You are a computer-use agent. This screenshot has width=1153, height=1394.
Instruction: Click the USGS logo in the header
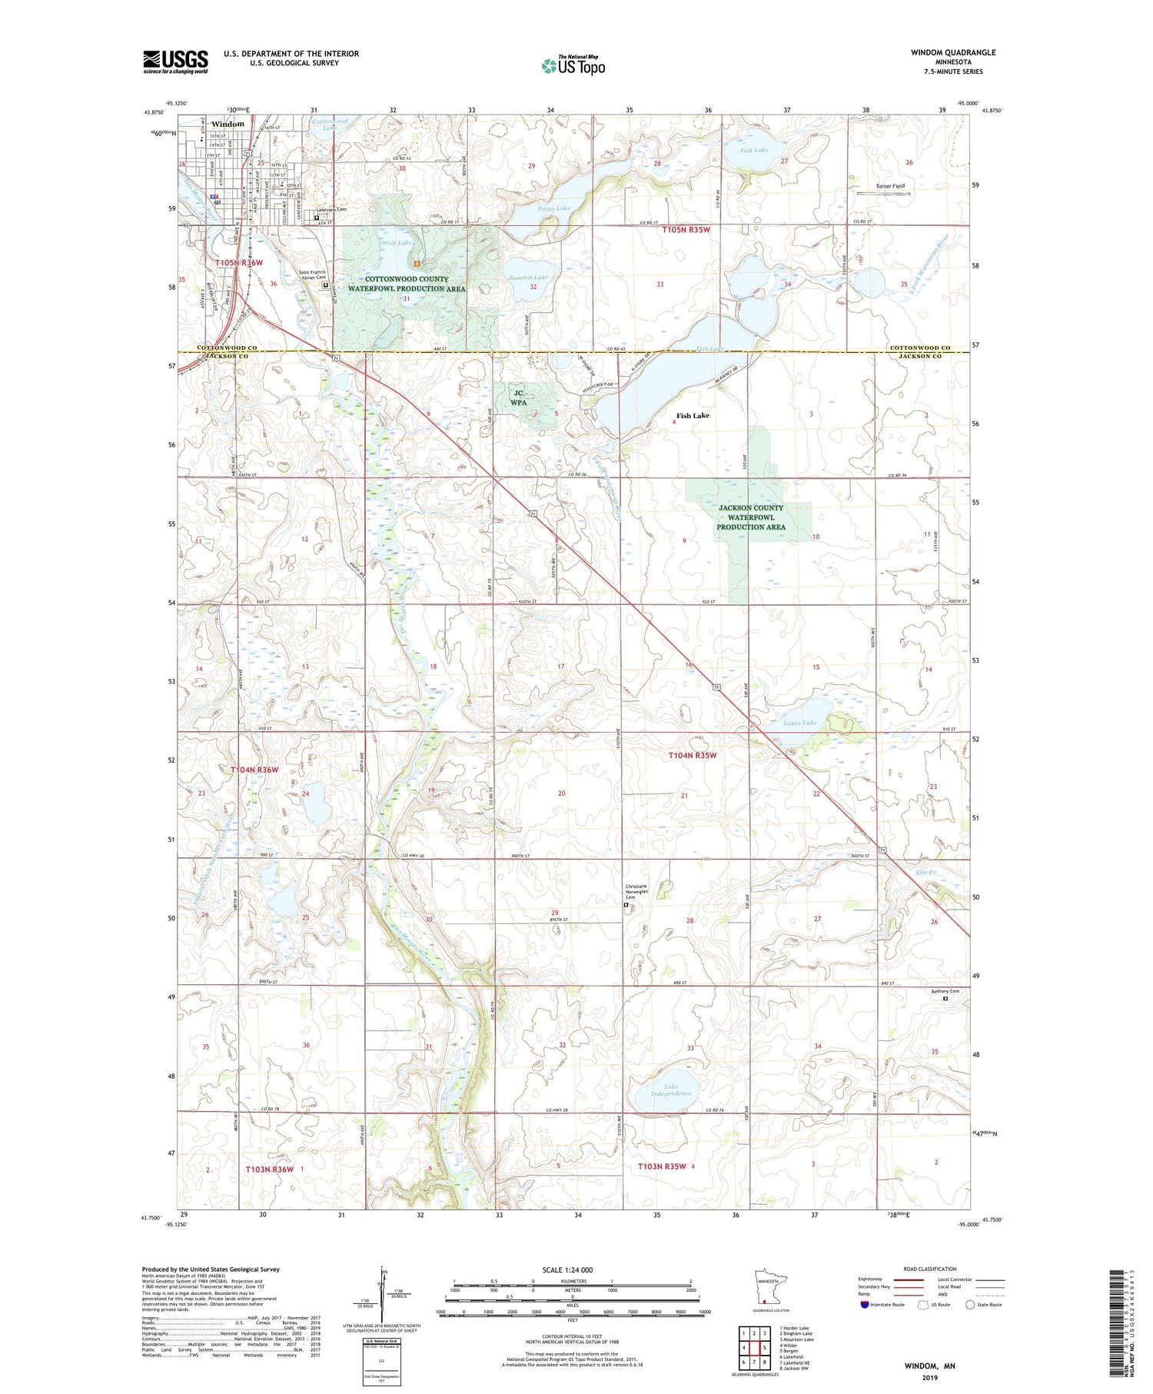click(x=175, y=62)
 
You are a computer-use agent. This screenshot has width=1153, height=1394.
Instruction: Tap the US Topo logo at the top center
click(x=573, y=66)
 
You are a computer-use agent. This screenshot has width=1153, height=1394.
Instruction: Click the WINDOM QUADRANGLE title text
click(x=953, y=52)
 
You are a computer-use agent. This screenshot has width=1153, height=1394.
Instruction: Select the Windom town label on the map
click(x=228, y=124)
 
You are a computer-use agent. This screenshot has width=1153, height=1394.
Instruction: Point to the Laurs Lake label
click(x=799, y=723)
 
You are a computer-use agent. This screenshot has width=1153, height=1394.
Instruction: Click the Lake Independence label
click(x=671, y=1090)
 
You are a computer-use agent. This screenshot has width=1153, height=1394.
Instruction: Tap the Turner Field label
click(x=890, y=186)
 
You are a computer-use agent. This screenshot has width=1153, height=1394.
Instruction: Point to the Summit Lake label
click(x=529, y=277)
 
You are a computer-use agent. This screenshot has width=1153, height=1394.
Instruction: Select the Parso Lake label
click(x=553, y=208)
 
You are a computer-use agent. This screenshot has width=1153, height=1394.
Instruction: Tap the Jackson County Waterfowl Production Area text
click(x=750, y=517)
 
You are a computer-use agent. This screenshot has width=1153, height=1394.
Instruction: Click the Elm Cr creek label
click(x=925, y=872)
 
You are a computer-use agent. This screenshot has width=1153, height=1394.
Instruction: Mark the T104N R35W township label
click(x=692, y=755)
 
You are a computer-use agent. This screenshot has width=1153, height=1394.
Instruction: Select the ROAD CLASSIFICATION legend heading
click(x=929, y=1269)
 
